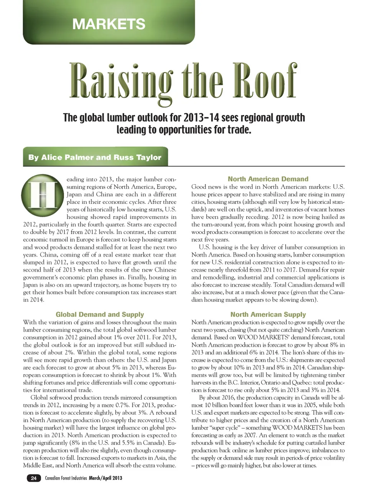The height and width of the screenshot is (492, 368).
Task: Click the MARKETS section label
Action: pyautogui.click(x=109, y=24)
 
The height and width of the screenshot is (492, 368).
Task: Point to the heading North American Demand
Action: pyautogui.click(x=268, y=179)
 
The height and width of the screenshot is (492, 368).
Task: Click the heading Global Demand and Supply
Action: pyautogui.click(x=100, y=315)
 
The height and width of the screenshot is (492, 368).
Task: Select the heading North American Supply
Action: pyautogui.click(x=268, y=315)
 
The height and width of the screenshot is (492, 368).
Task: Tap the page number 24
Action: pyautogui.click(x=34, y=478)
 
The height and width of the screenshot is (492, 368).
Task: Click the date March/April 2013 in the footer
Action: pyautogui.click(x=105, y=478)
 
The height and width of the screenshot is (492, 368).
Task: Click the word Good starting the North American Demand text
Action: pyautogui.click(x=199, y=187)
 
